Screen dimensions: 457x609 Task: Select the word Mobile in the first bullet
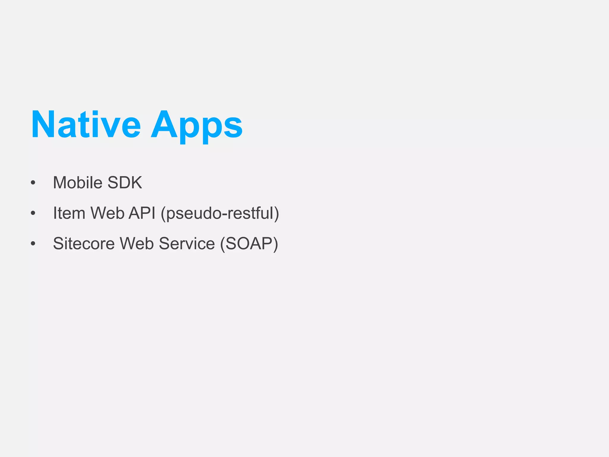click(78, 182)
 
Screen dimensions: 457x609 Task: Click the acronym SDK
click(125, 182)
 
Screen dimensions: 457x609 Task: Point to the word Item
click(69, 213)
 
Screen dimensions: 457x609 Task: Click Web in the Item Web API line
click(107, 213)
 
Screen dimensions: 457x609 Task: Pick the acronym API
click(142, 213)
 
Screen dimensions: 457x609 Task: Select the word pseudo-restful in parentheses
click(220, 214)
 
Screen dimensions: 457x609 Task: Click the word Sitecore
click(84, 244)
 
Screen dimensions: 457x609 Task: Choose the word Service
click(187, 244)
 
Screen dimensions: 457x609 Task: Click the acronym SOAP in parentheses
click(249, 244)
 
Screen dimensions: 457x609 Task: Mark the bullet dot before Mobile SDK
click(33, 183)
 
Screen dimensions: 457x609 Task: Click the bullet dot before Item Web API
click(33, 213)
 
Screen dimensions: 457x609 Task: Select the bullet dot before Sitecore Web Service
click(33, 244)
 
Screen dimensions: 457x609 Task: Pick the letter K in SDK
click(136, 182)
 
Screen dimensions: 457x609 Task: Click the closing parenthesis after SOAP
click(275, 244)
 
